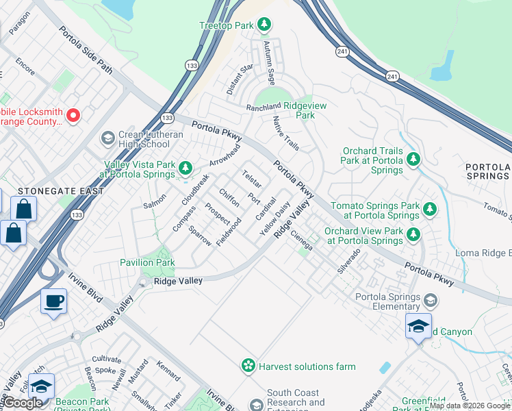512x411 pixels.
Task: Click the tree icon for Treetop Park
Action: point(264,25)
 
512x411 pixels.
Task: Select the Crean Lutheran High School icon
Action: point(107,139)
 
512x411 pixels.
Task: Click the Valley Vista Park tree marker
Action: point(185,169)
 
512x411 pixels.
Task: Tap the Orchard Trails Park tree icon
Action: point(413,160)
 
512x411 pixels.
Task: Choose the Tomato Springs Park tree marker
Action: point(429,209)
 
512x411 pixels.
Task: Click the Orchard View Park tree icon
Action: point(413,235)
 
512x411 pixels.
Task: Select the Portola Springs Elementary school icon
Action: point(430,301)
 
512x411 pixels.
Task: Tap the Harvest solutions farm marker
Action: point(249,366)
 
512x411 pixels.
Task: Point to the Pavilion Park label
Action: point(147,262)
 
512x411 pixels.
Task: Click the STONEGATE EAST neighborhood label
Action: point(52,191)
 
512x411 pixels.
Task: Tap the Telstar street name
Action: point(251,179)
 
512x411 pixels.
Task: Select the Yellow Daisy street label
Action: point(275,219)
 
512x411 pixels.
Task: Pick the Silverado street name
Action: point(348,261)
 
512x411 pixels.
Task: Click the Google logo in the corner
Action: point(23,403)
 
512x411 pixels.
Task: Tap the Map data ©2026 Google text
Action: point(470,406)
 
